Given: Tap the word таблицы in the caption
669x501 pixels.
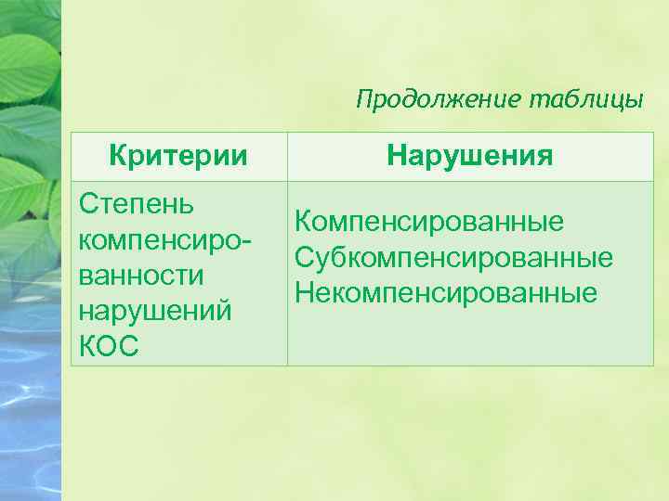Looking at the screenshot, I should pos(586,99).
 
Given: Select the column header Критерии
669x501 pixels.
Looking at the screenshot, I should pos(178,156).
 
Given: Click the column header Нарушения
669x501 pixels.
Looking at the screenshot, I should pos(470,156).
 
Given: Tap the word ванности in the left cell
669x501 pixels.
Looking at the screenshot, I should pos(142,276).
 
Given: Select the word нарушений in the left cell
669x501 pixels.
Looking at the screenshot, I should pos(155,311).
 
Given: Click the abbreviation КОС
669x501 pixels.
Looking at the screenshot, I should pos(109,346).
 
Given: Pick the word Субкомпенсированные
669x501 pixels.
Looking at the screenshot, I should pos(453,258).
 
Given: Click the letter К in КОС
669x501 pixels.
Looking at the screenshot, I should pos(89,346).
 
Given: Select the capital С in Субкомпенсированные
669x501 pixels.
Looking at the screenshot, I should pos(304,258).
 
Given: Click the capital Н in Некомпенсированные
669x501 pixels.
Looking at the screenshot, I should pos(304,293).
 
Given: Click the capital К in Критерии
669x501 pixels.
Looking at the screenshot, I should pos(118,156).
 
